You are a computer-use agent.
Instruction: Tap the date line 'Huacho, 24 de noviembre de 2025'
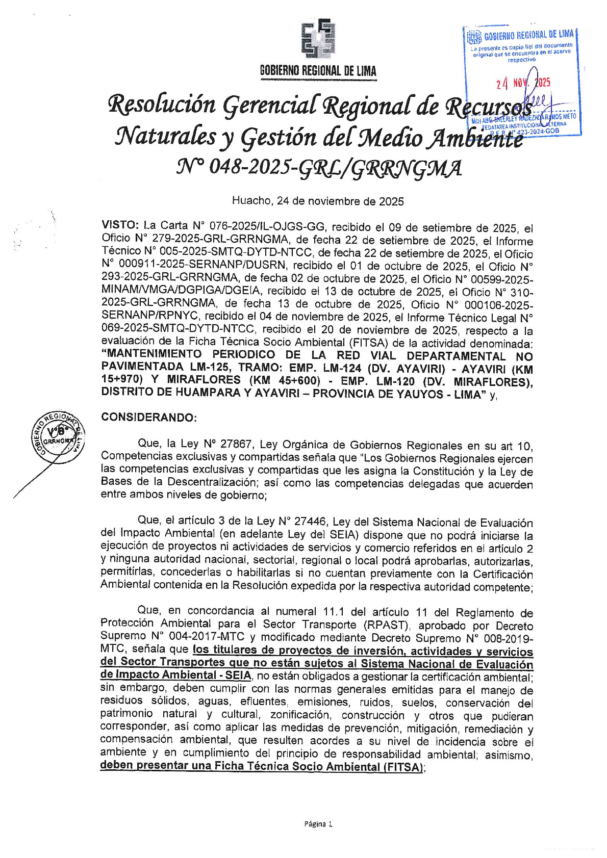tap(317, 201)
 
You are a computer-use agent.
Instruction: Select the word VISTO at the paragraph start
tap(120, 225)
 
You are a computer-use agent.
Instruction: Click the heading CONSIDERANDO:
tap(148, 417)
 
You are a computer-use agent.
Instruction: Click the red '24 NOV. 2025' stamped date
tap(523, 83)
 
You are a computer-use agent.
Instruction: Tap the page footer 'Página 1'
tap(318, 823)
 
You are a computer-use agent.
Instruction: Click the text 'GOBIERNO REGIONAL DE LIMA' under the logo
tap(318, 71)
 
